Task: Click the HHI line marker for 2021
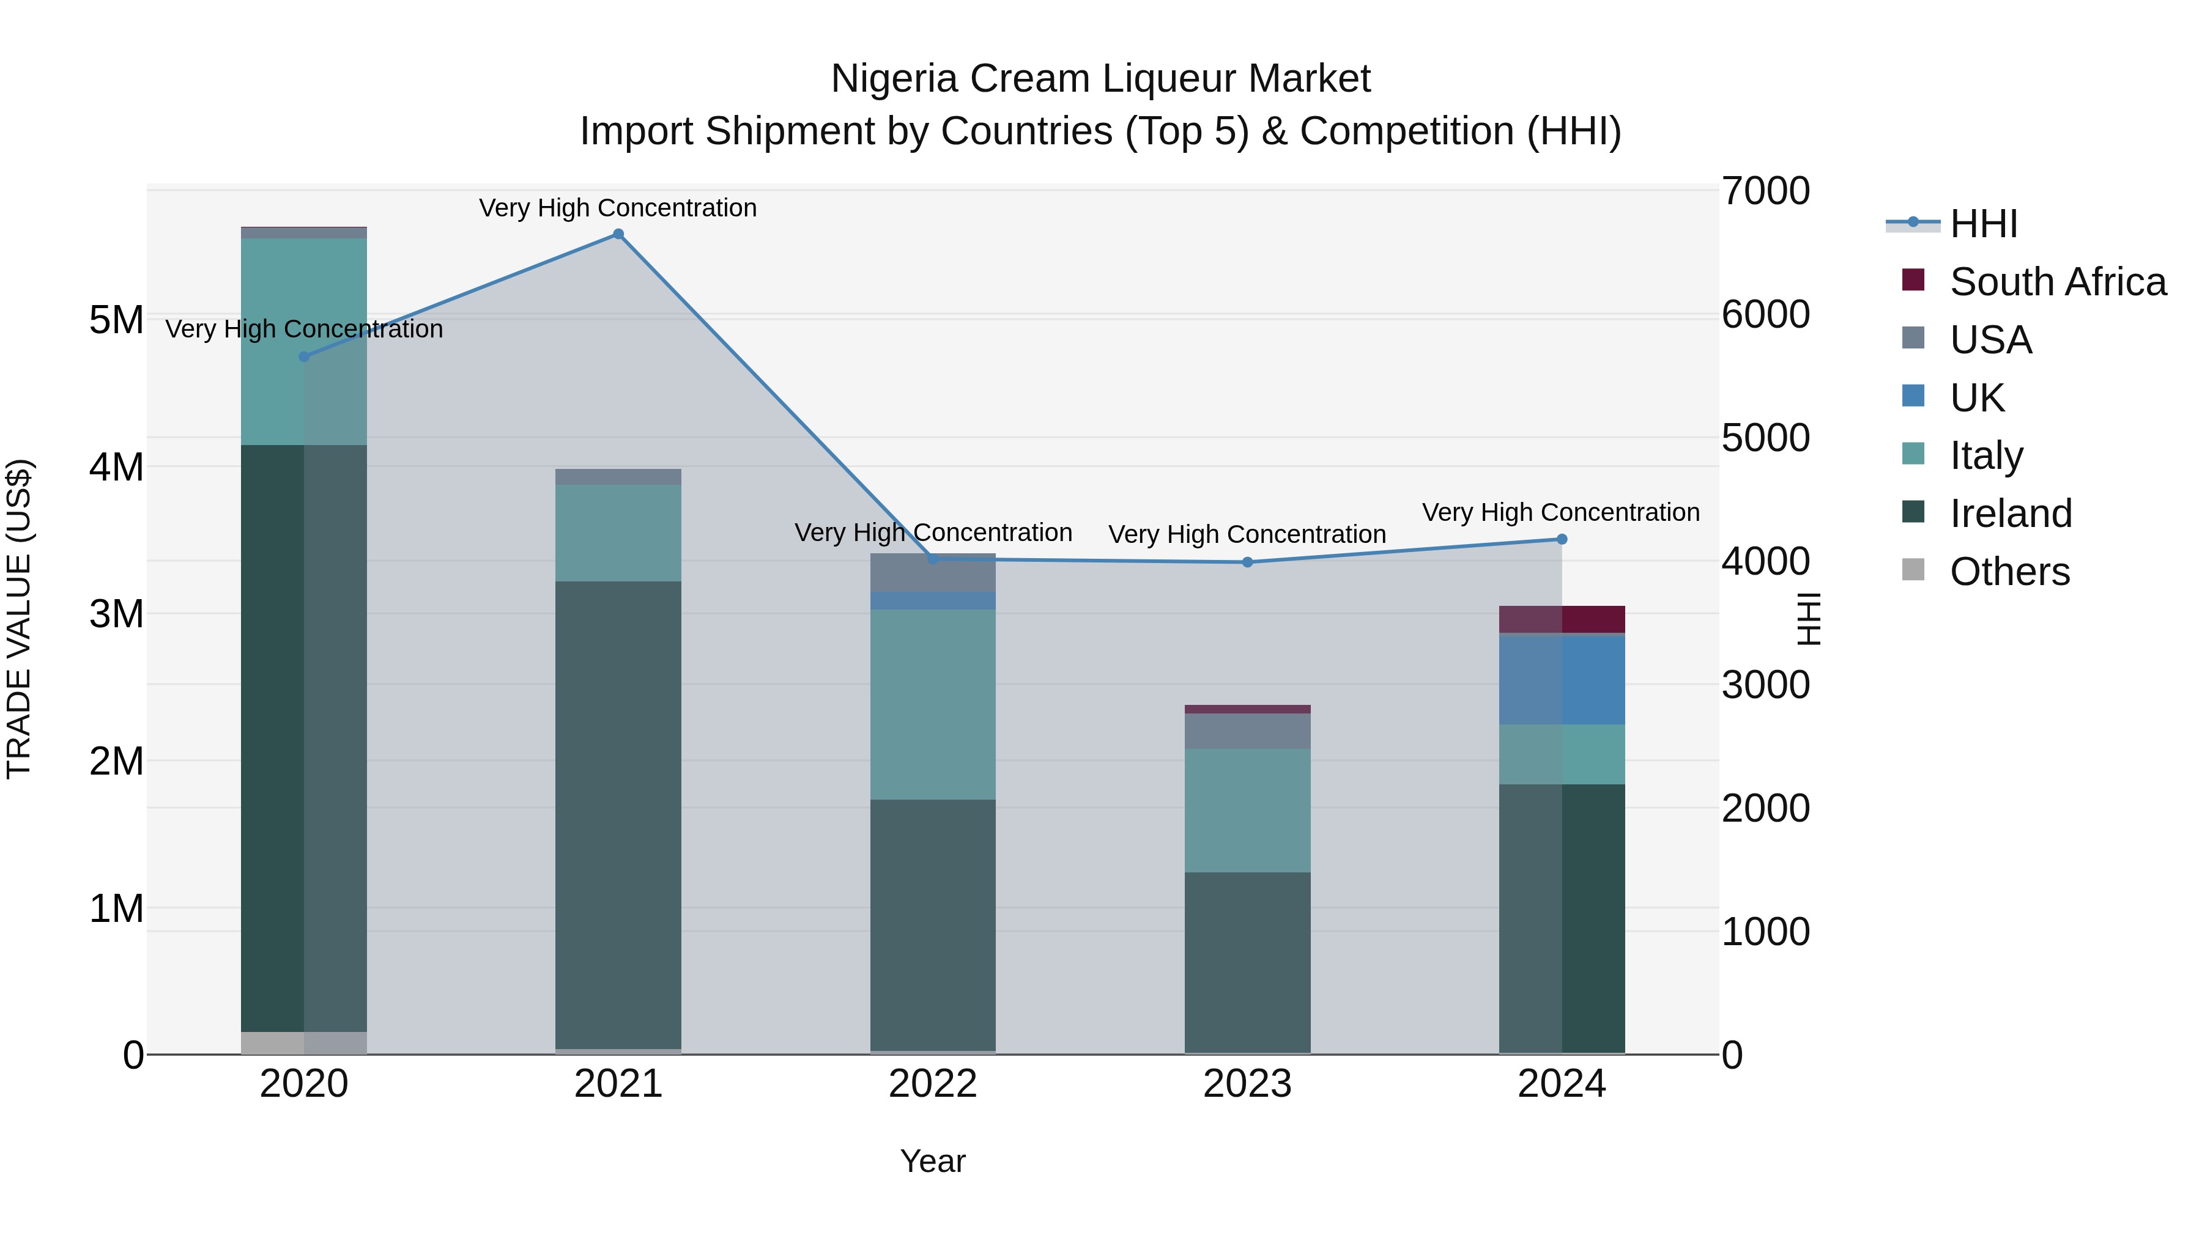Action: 618,234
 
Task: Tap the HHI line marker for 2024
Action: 1562,539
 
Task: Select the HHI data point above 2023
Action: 1247,562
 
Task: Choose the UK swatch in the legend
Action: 1913,396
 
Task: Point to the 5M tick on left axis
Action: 116,320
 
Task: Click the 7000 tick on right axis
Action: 1765,191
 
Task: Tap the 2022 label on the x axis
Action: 933,1084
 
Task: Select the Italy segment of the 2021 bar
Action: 618,533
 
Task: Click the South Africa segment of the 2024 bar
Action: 1562,619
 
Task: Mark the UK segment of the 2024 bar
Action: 1562,680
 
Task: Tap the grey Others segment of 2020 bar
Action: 303,1042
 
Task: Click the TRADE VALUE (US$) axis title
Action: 19,619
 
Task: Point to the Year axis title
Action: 933,1161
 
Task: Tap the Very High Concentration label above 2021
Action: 618,208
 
